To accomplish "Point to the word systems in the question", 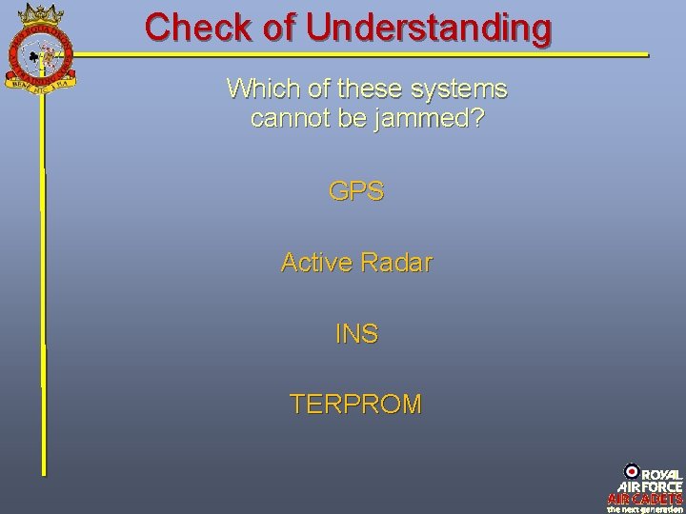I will pyautogui.click(x=460, y=90).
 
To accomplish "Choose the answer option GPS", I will pyautogui.click(x=356, y=191).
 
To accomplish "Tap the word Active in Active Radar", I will pyautogui.click(x=316, y=262).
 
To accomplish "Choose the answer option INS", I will pyautogui.click(x=356, y=334).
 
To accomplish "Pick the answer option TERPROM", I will pyautogui.click(x=356, y=405).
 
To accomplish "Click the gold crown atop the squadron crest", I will pyautogui.click(x=39, y=12).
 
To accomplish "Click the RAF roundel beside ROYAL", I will pyautogui.click(x=631, y=469).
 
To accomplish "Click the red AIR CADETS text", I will pyautogui.click(x=645, y=498).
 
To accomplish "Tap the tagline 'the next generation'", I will pyautogui.click(x=645, y=508).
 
